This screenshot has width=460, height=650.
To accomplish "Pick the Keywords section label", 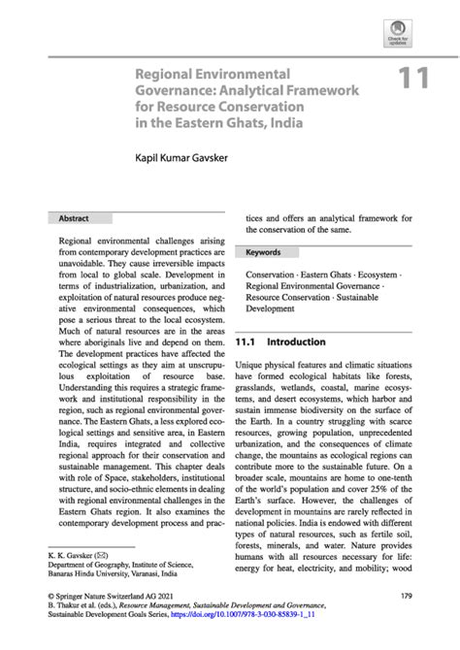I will tap(263, 252).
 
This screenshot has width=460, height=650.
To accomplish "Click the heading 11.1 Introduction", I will tap(280, 342).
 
